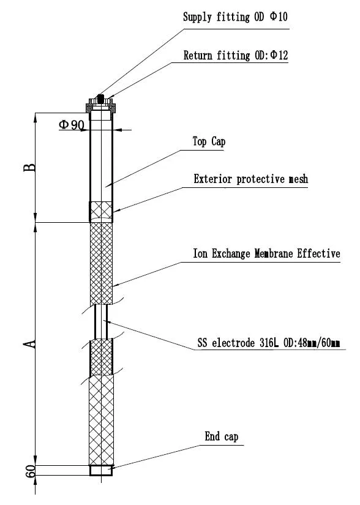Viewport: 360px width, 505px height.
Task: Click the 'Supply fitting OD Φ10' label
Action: (235, 17)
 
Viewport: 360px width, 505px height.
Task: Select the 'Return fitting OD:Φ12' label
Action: (236, 56)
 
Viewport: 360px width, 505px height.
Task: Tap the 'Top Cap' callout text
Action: (209, 142)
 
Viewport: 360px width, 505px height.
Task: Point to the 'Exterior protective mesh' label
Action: (250, 179)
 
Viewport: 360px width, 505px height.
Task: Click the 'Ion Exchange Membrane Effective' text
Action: (266, 253)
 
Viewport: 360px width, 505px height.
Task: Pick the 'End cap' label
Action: (221, 436)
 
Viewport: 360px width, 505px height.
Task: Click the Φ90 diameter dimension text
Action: (72, 125)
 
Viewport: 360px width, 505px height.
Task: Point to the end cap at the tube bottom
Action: (101, 471)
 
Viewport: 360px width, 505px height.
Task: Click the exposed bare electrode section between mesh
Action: (101, 321)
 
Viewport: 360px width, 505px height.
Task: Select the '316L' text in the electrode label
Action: (266, 343)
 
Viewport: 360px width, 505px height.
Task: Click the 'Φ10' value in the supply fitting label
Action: (279, 17)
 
